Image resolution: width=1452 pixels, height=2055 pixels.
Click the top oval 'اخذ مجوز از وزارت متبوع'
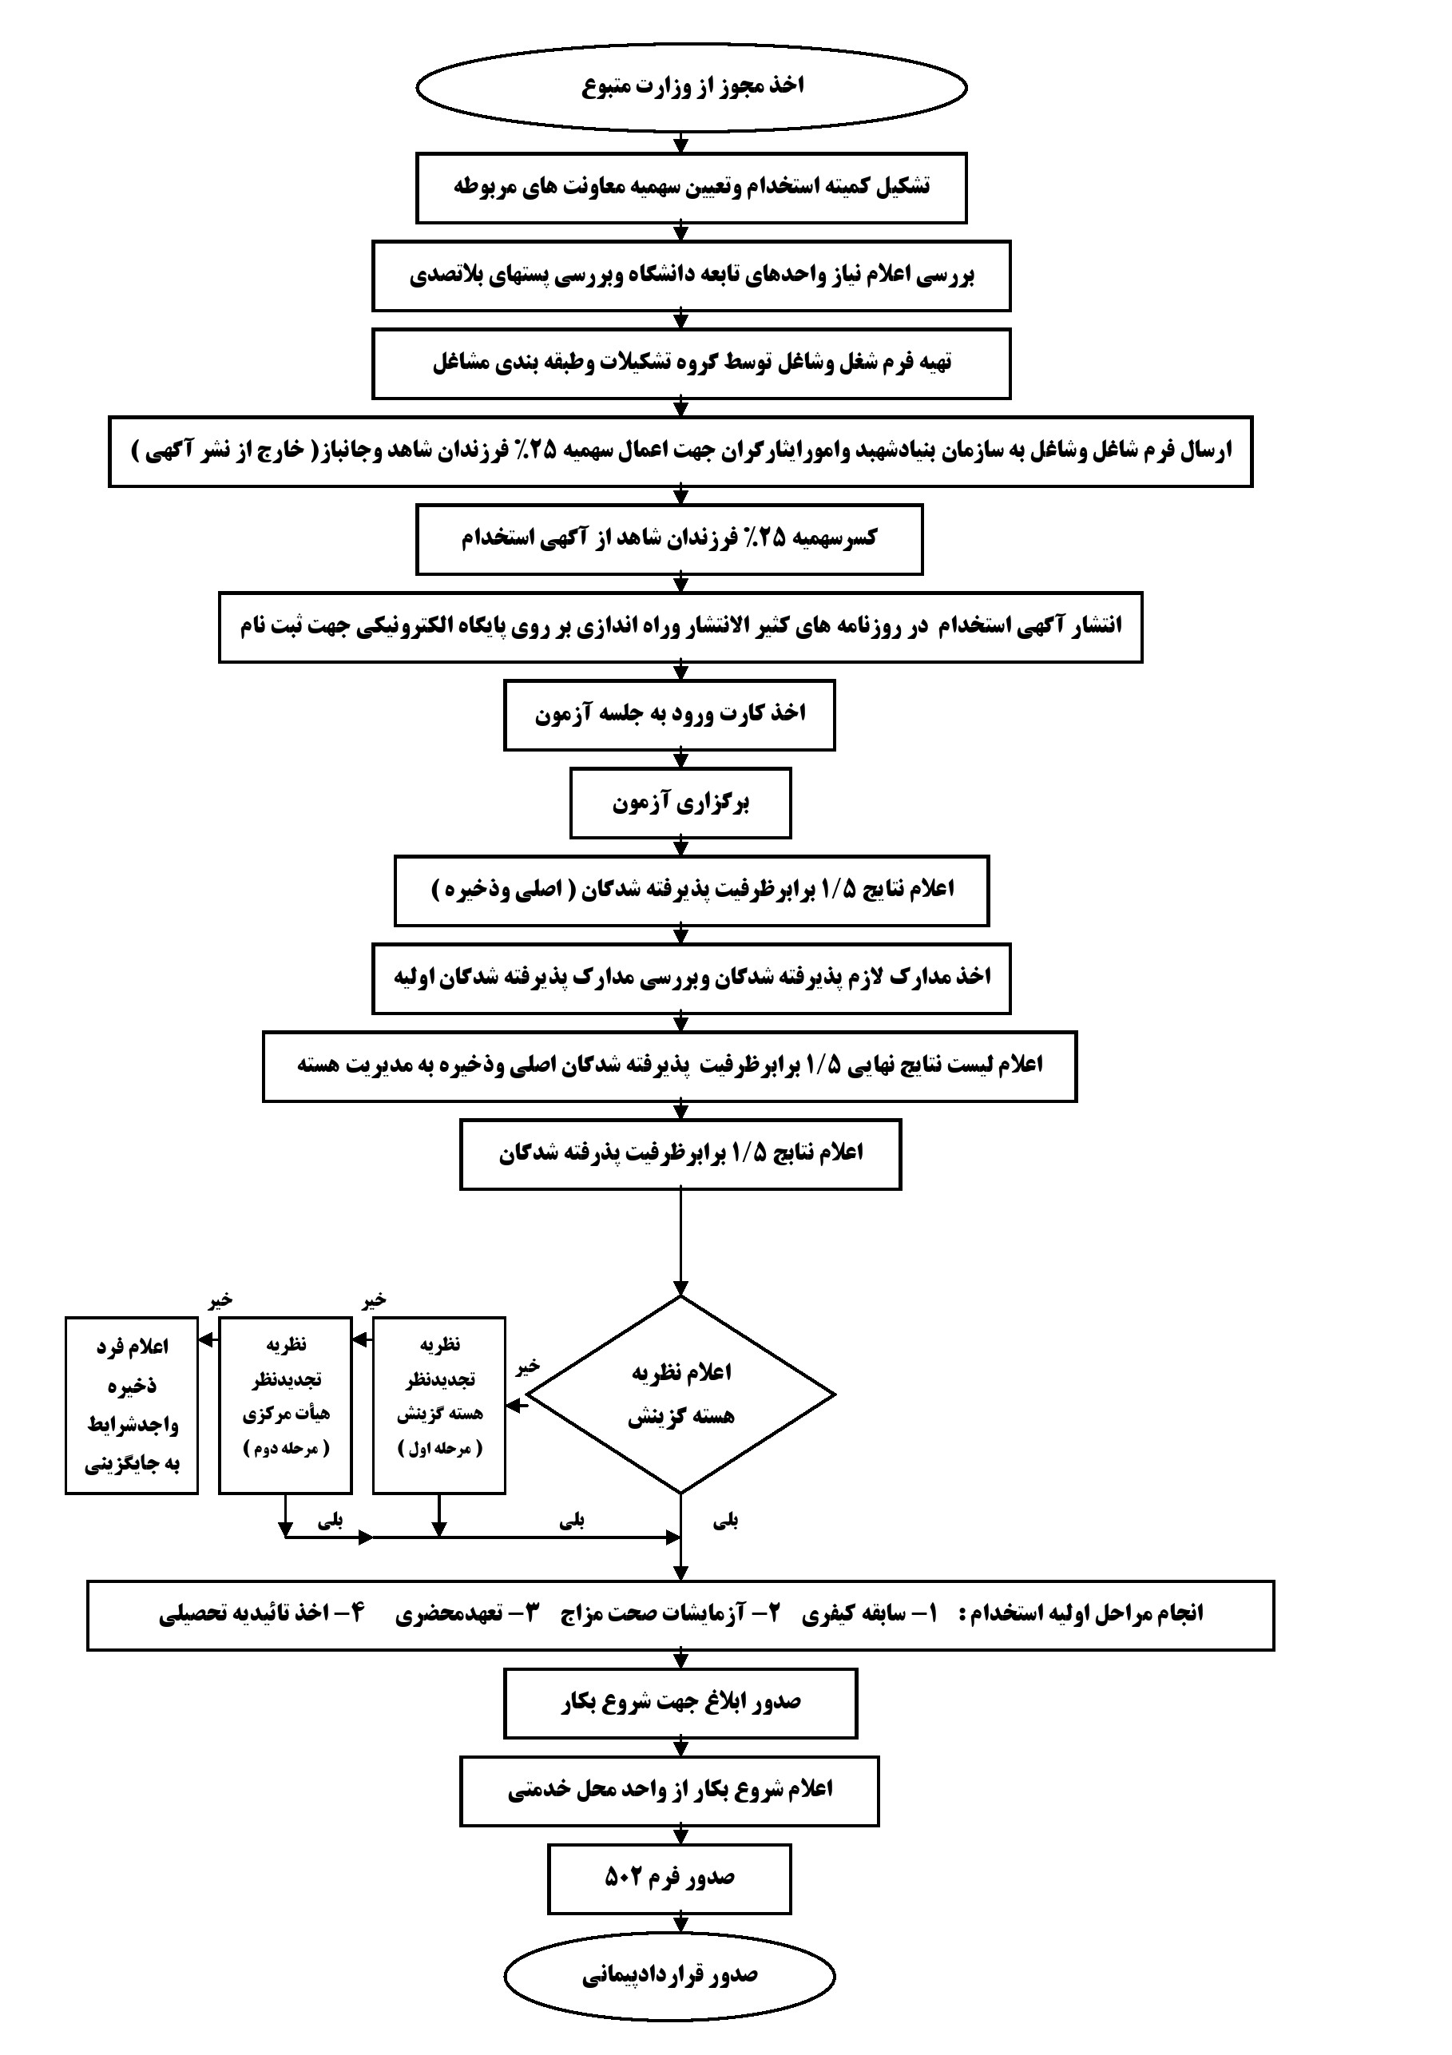coord(691,87)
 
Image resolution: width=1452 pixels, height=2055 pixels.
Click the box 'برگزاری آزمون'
coord(680,803)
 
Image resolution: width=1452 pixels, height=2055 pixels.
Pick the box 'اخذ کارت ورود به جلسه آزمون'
coord(669,714)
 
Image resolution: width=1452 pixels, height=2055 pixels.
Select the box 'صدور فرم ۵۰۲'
coord(669,1878)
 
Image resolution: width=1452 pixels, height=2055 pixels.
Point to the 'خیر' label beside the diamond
coord(527,1367)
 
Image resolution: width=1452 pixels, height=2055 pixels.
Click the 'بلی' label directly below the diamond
coord(725,1520)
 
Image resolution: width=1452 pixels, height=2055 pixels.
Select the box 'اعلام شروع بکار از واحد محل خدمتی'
coord(669,1789)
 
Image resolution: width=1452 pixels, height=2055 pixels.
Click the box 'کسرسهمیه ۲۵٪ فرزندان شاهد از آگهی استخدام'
coord(669,539)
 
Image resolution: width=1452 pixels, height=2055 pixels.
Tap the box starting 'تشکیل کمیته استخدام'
coord(691,187)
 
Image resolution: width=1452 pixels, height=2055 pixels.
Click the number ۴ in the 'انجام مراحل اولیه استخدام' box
coord(356,1612)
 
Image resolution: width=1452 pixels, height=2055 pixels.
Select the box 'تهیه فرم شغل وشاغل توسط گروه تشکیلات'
coord(691,363)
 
